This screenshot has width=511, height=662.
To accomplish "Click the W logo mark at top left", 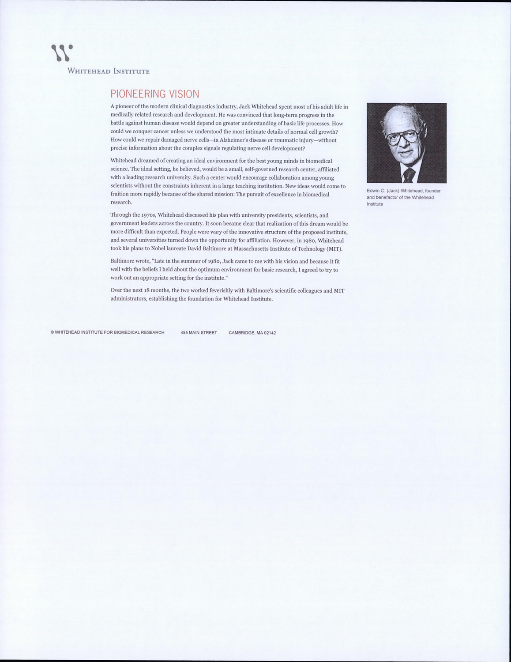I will point(62,53).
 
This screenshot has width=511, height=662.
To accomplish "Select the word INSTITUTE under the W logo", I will point(132,71).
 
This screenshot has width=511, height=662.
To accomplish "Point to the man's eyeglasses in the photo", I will point(403,136).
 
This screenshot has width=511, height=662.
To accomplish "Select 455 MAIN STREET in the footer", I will point(199,333).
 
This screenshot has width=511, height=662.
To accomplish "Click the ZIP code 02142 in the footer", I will point(270,333).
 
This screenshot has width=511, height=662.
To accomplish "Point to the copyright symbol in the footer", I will point(52,333).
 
